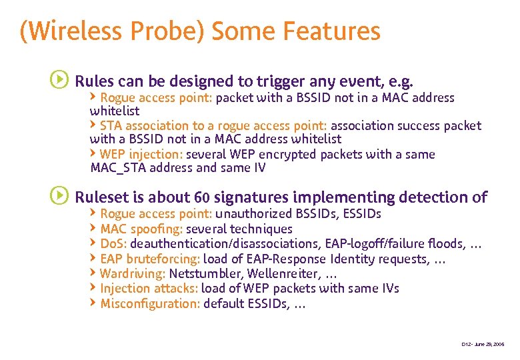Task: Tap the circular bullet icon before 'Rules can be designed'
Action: (x=59, y=81)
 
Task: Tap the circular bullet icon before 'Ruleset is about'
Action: (x=59, y=196)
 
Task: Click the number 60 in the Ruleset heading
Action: (x=201, y=197)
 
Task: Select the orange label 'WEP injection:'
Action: (x=141, y=154)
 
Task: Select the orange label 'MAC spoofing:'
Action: (x=141, y=229)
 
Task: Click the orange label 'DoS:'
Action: (x=113, y=243)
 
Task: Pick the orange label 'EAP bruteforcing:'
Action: (x=150, y=259)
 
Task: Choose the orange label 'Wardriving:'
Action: (x=133, y=273)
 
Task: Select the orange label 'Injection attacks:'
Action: (x=149, y=288)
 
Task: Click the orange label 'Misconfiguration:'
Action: (x=150, y=303)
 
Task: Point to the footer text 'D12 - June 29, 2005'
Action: (x=483, y=344)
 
